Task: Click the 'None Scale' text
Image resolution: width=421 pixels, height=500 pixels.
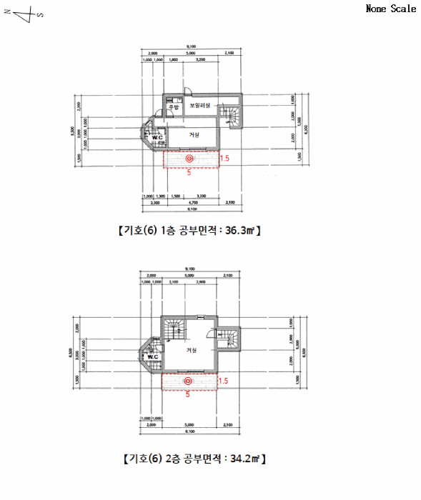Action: [390, 9]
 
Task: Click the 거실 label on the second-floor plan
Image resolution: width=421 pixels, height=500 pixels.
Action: [192, 350]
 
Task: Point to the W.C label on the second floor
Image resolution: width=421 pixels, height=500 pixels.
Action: [152, 356]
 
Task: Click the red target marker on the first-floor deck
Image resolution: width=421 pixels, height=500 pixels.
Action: [189, 159]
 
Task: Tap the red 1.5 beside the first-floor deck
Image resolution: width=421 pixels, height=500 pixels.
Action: [224, 159]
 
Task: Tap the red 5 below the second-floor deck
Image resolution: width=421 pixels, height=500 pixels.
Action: [187, 394]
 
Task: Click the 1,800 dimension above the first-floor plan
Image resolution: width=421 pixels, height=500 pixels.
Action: [173, 61]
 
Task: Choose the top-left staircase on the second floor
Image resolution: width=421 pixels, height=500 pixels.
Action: [174, 329]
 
